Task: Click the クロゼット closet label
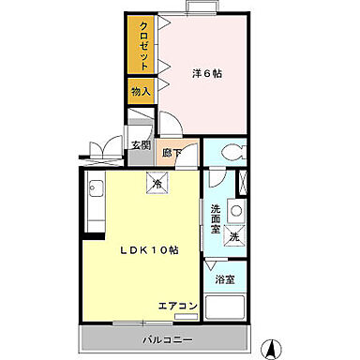pos(143,45)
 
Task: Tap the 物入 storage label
pos(141,92)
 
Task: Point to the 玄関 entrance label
pos(141,145)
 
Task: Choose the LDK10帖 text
pos(148,251)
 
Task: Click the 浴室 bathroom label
pos(225,279)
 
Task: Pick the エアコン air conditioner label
pos(177,306)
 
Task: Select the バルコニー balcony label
pos(168,338)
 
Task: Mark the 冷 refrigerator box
pos(157,185)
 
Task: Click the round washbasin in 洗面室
pos(236,207)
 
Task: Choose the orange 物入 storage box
pos(141,92)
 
